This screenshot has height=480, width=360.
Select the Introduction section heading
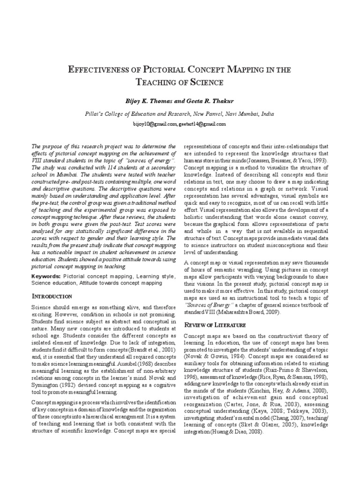52,296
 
